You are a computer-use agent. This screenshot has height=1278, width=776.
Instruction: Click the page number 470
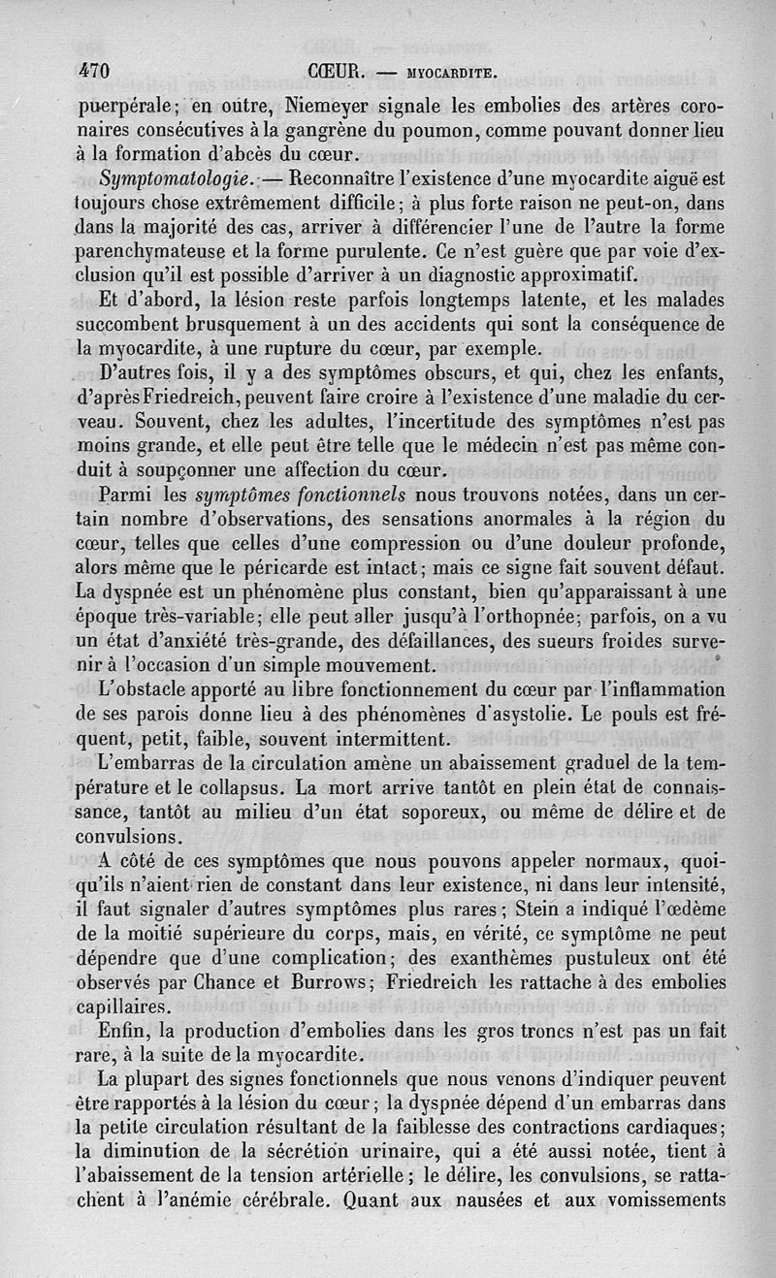(x=94, y=71)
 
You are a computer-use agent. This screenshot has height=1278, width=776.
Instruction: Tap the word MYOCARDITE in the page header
(x=446, y=72)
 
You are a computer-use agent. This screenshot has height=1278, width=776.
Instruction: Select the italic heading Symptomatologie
(x=166, y=179)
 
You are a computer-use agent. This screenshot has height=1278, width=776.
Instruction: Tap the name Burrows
(x=316, y=982)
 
